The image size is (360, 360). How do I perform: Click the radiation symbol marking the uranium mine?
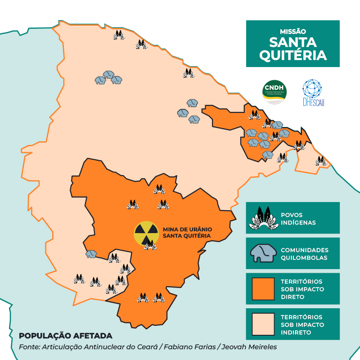pyautogui.click(x=147, y=232)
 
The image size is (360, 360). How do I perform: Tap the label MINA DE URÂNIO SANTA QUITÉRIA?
pyautogui.click(x=187, y=232)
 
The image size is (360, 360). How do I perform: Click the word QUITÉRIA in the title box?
pyautogui.click(x=292, y=55)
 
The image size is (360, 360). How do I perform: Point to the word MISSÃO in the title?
pyautogui.click(x=292, y=32)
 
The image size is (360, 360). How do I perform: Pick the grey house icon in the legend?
pyautogui.click(x=262, y=254)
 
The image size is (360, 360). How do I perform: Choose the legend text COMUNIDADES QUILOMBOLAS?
pyautogui.click(x=305, y=254)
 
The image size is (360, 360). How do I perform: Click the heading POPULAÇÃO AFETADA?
pyautogui.click(x=65, y=336)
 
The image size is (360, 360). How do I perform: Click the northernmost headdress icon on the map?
pyautogui.click(x=119, y=35)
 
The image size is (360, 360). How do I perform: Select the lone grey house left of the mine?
pyautogui.click(x=91, y=254)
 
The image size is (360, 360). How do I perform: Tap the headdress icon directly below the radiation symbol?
pyautogui.click(x=150, y=245)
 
